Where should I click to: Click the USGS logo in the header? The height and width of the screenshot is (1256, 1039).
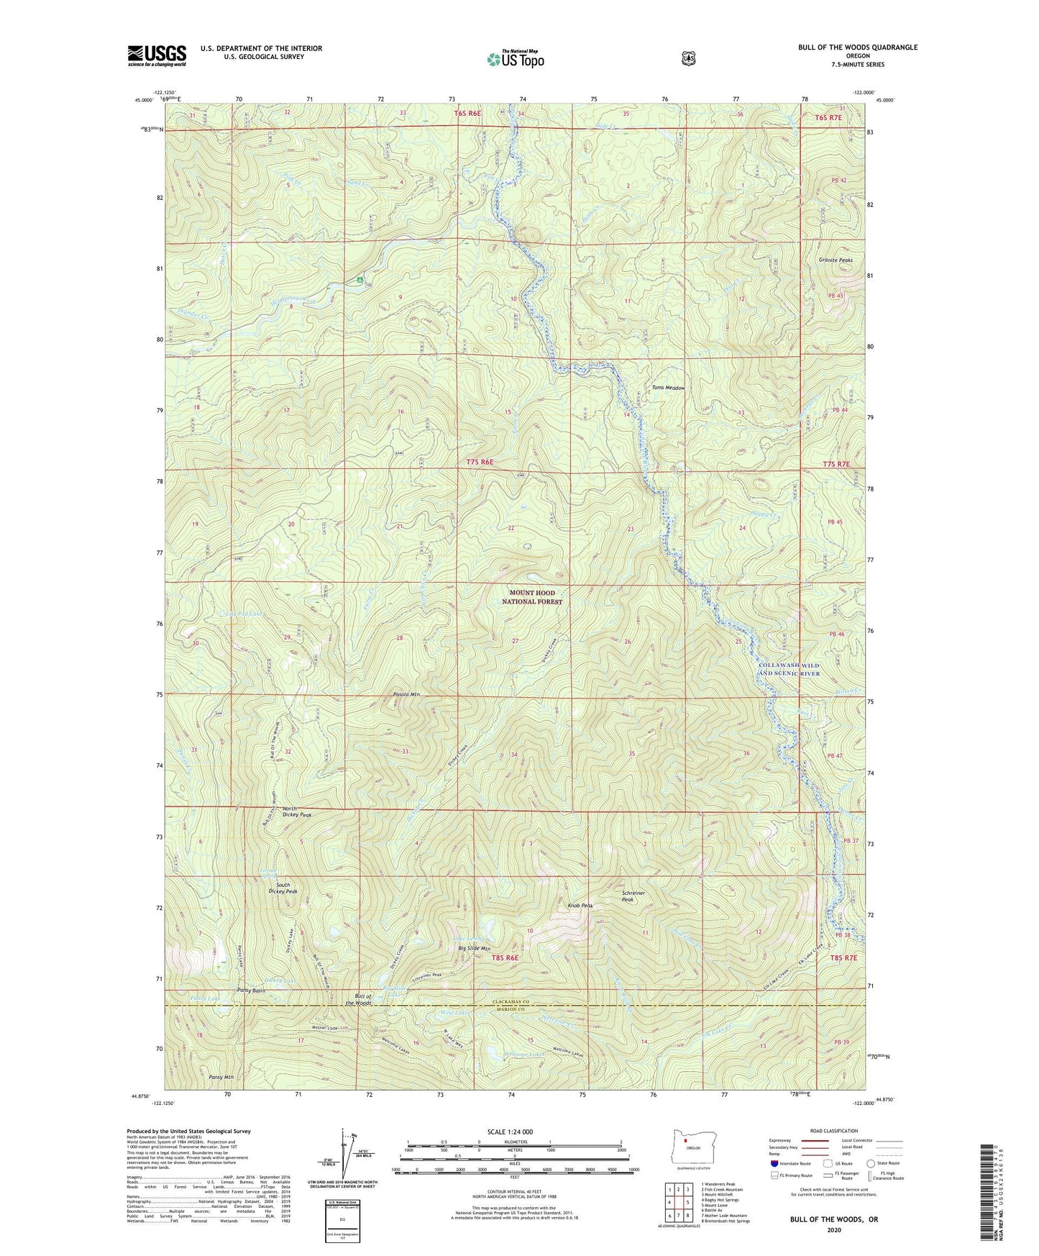pos(157,55)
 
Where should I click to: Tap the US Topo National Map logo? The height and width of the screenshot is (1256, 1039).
pos(515,58)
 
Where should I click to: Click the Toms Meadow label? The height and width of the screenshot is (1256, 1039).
pos(668,388)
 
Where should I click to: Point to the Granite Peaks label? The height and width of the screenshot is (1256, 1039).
pos(835,260)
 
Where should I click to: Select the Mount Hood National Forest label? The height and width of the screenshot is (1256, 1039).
pos(532,597)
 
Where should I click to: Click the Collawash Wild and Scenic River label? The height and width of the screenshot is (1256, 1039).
pos(789,670)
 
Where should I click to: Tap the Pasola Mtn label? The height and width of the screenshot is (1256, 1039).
pos(406,694)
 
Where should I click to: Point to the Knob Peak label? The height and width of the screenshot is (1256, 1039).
pos(580,906)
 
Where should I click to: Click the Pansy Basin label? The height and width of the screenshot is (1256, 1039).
pos(252,991)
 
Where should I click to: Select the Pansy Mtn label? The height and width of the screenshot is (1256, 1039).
pos(221,1077)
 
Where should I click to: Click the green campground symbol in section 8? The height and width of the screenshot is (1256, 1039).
pos(360,279)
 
